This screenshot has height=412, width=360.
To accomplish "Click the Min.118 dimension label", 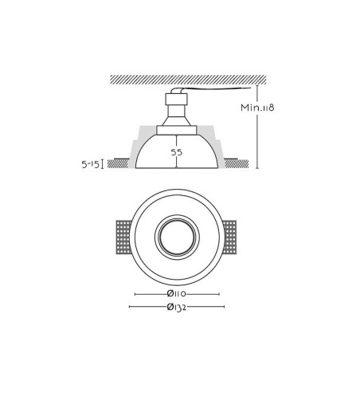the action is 257,108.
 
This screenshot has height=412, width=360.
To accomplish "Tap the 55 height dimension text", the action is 177,152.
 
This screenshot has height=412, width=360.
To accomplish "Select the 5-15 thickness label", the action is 90,164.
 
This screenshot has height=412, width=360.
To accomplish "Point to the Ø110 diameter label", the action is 177,294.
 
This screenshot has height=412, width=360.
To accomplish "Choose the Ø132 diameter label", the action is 177,307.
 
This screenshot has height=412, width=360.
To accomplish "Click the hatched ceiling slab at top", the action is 188,80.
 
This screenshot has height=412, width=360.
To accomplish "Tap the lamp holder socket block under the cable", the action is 176,99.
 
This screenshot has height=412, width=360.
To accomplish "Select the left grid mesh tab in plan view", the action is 123,237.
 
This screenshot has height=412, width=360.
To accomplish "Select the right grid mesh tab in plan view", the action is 229,237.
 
